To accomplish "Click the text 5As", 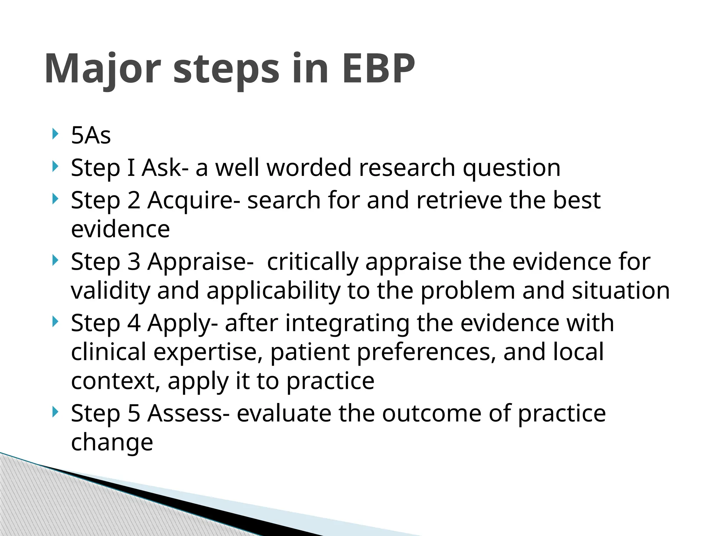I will pyautogui.click(x=91, y=135).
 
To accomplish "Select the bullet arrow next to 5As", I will pyautogui.click(x=54, y=134).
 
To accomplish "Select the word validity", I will pyautogui.click(x=110, y=291).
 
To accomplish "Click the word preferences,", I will pyautogui.click(x=426, y=352).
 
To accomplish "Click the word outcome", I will pyautogui.click(x=432, y=413).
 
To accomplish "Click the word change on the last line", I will pyautogui.click(x=112, y=442).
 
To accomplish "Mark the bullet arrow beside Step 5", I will pyautogui.click(x=54, y=412).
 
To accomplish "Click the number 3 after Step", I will pyautogui.click(x=133, y=261).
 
